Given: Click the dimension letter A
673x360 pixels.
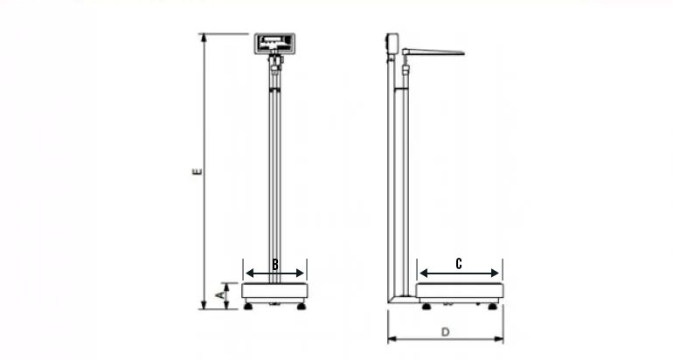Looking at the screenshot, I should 221,296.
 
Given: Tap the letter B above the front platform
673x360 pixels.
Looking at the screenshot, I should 275,264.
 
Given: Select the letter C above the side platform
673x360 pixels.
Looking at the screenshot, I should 460,263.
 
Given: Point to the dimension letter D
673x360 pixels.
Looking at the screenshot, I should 445,332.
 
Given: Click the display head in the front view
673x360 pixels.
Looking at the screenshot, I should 274,43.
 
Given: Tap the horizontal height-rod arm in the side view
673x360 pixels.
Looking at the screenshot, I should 434,52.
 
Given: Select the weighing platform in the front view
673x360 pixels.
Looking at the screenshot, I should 275,290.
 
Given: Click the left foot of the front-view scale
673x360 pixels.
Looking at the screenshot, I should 249,306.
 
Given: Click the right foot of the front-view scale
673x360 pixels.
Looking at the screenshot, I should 302,306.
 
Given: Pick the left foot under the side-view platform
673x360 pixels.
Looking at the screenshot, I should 426,306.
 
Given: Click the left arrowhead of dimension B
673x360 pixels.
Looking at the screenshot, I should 246,272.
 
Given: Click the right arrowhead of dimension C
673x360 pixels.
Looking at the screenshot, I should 499,272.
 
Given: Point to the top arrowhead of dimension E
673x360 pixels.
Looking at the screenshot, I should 204,37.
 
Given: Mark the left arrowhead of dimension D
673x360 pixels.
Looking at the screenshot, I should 391,339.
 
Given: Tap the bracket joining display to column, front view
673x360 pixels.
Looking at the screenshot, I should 276,63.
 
